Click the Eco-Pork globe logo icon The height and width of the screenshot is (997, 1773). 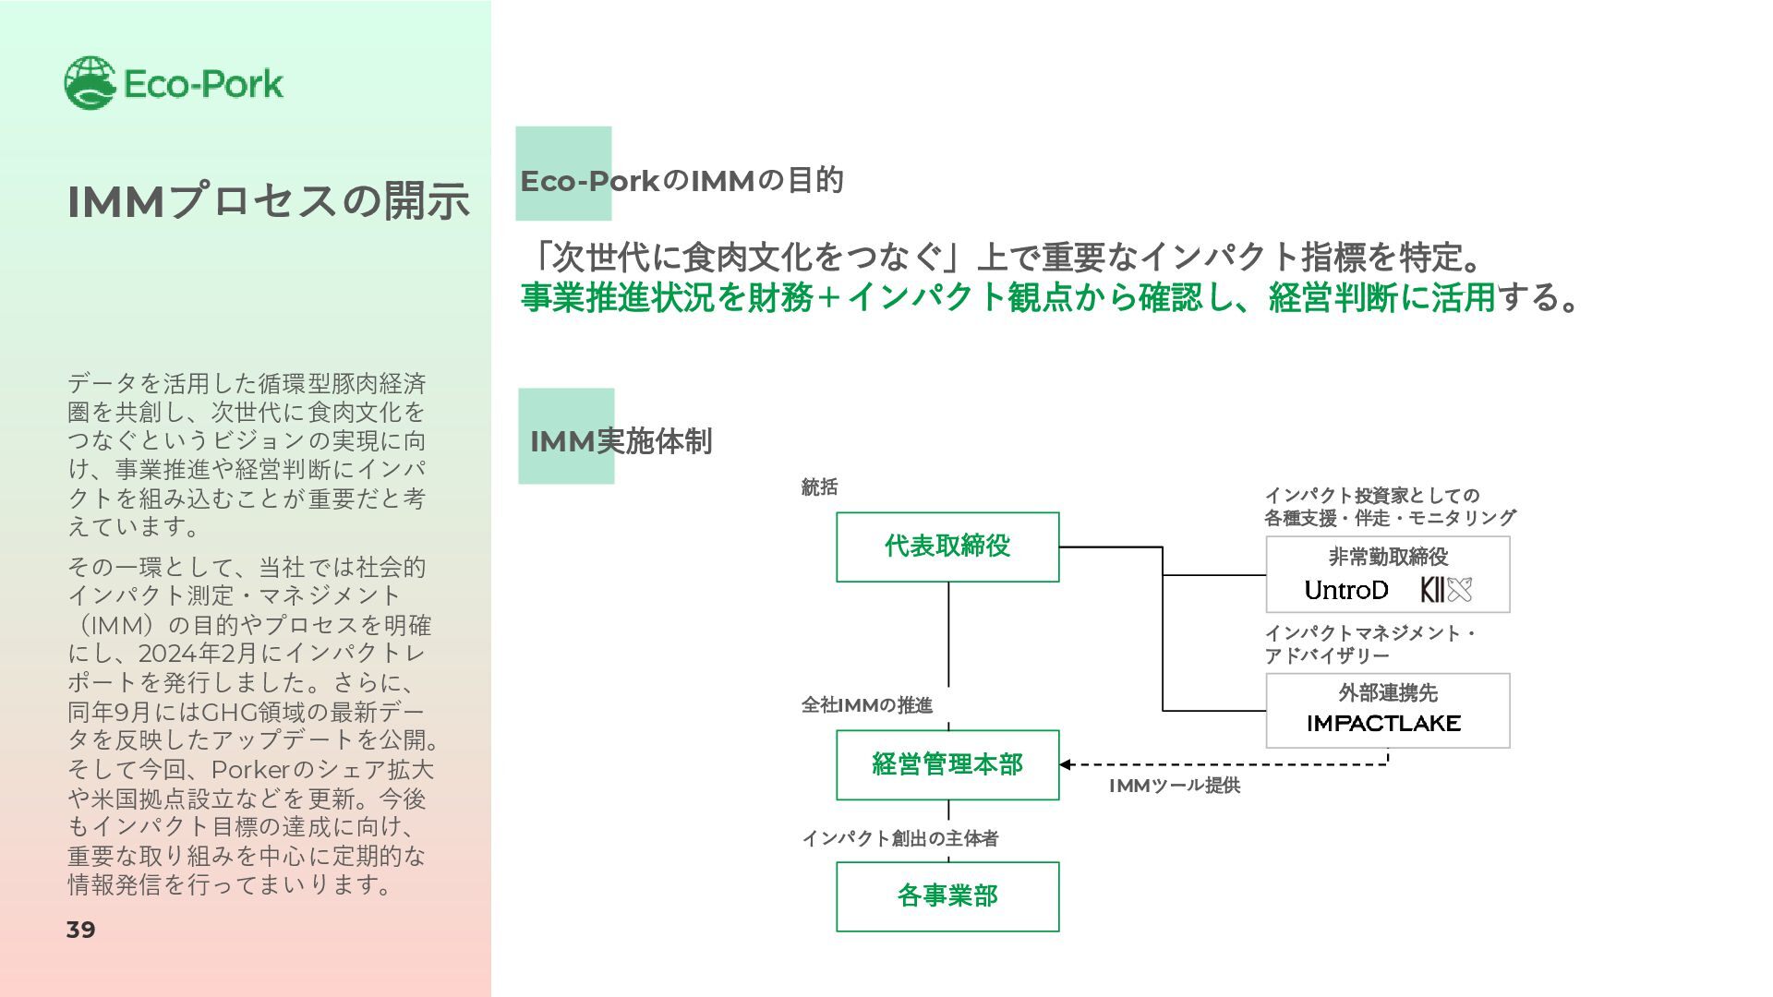90,83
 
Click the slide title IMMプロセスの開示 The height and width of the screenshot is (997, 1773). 268,201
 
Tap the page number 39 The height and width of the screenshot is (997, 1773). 81,930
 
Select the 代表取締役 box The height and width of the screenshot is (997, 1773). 947,547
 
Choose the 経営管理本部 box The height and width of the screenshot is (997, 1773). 947,764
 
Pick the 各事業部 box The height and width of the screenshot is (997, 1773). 947,896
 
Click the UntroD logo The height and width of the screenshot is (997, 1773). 1345,590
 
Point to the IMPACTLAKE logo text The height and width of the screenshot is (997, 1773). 1383,724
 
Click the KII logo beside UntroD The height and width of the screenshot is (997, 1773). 1445,590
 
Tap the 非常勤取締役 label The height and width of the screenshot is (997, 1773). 1388,557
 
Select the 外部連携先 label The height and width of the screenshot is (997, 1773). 1388,692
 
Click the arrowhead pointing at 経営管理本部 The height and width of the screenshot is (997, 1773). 1066,764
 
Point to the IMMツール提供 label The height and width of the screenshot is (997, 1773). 1174,786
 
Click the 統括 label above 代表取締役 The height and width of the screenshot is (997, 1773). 819,487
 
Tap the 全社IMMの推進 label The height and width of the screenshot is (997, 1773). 866,705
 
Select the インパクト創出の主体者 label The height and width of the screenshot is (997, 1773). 899,838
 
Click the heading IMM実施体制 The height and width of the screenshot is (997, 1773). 621,441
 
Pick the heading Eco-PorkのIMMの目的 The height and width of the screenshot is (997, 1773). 681,181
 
